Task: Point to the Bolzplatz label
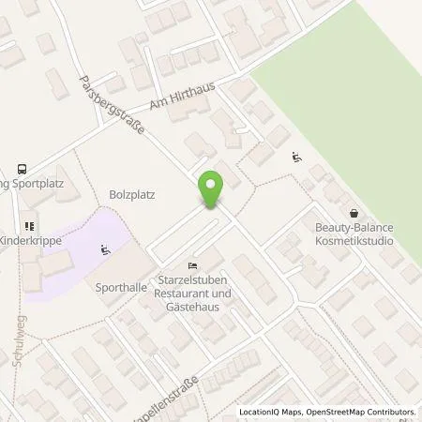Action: (130, 196)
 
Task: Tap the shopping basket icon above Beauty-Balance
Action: (354, 213)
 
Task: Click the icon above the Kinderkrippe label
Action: (29, 227)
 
